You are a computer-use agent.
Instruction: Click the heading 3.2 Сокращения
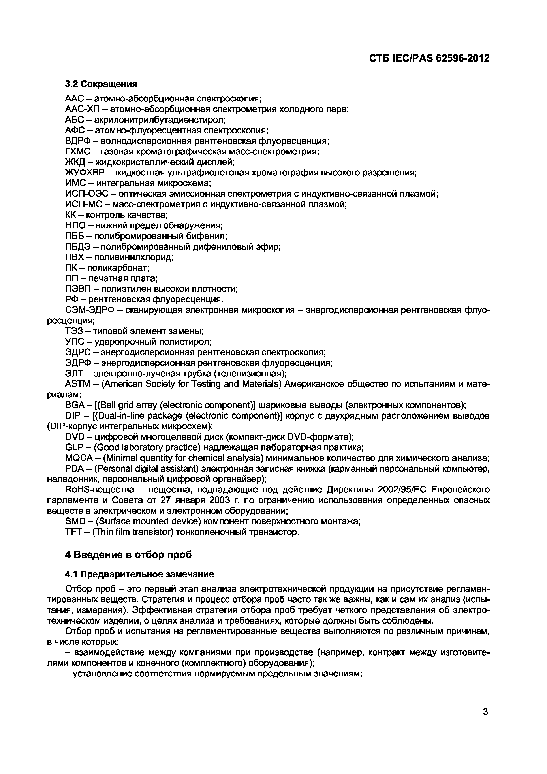[x=101, y=84]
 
